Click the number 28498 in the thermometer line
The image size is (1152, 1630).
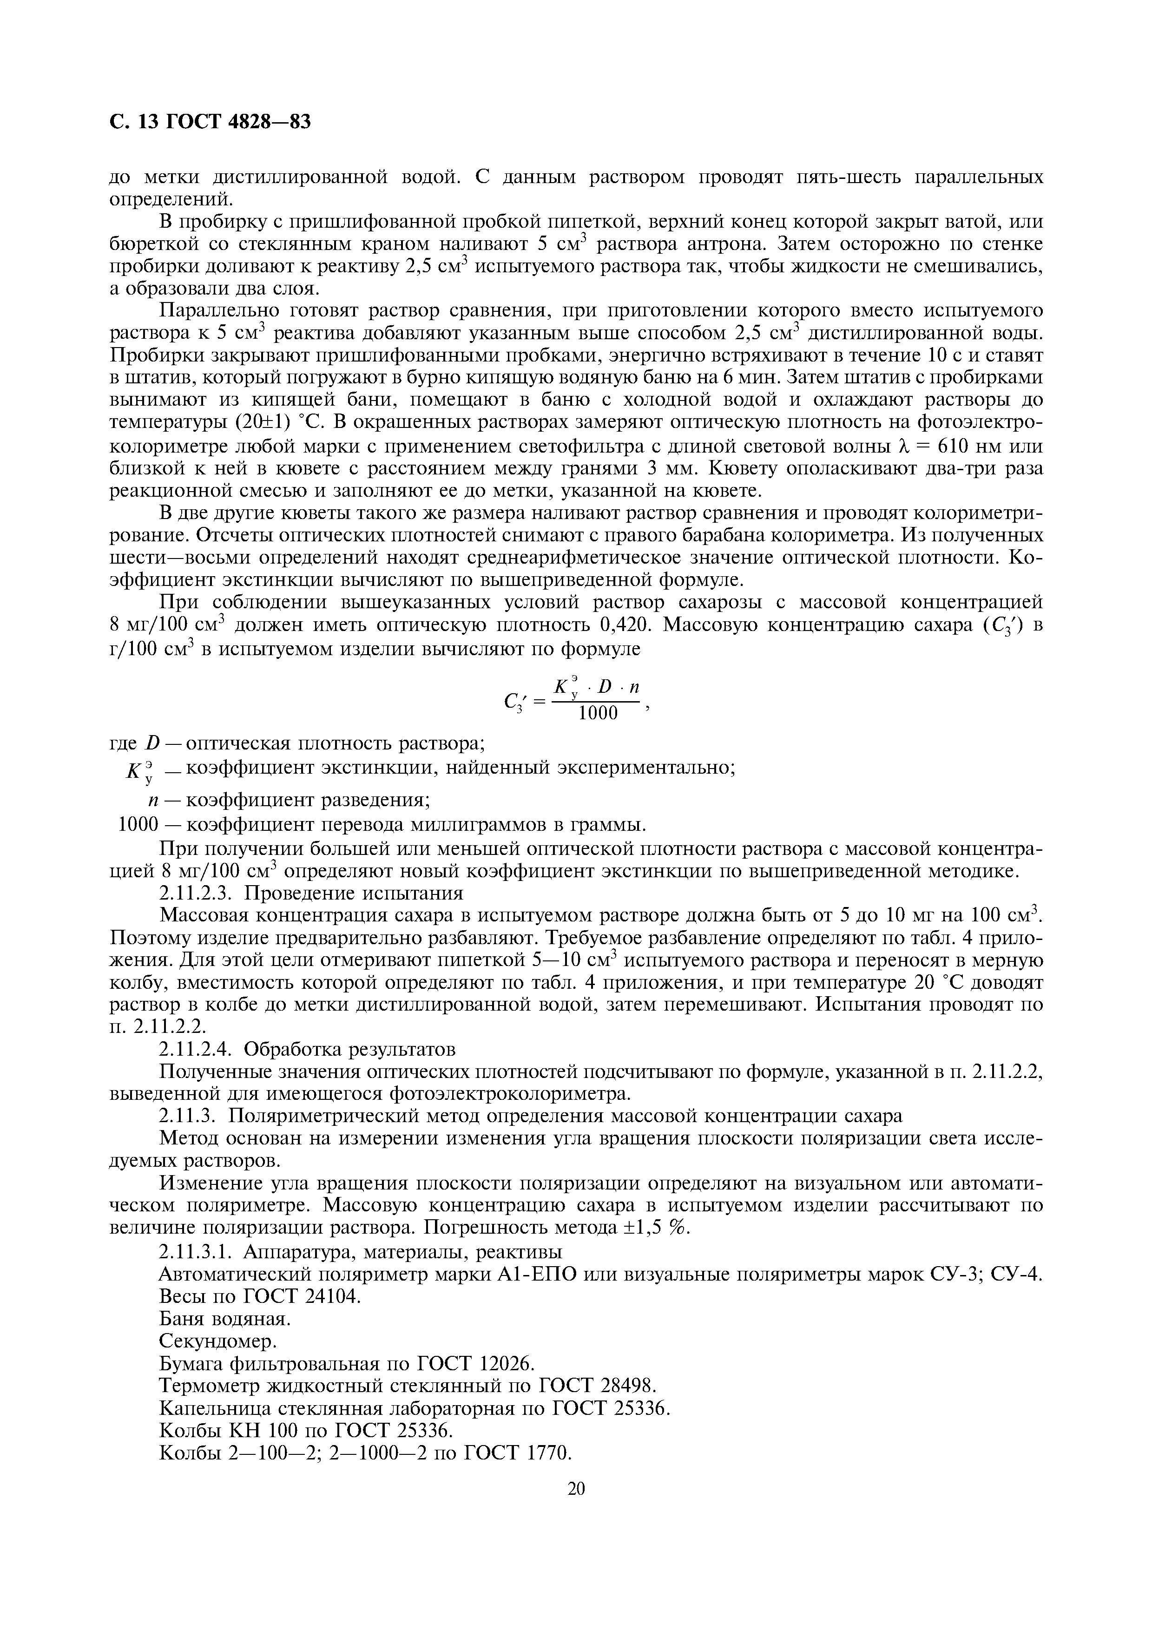[x=629, y=1386]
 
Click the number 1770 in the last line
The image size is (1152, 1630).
[x=549, y=1453]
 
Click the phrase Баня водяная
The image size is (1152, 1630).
[x=225, y=1318]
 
